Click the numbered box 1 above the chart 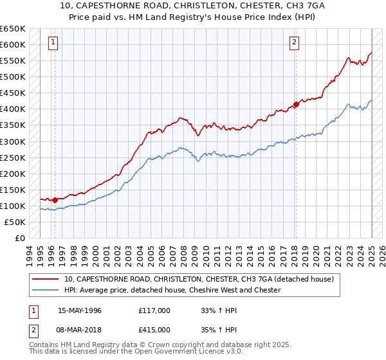pos(52,43)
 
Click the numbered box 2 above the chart pos(294,43)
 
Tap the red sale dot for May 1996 pos(55,200)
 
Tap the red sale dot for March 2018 pos(295,104)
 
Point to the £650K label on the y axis pos(13,29)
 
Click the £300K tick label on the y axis pos(13,141)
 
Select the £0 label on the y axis pos(19,238)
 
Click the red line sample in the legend pos(46,280)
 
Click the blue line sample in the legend pos(46,290)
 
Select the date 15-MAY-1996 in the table pos(79,310)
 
